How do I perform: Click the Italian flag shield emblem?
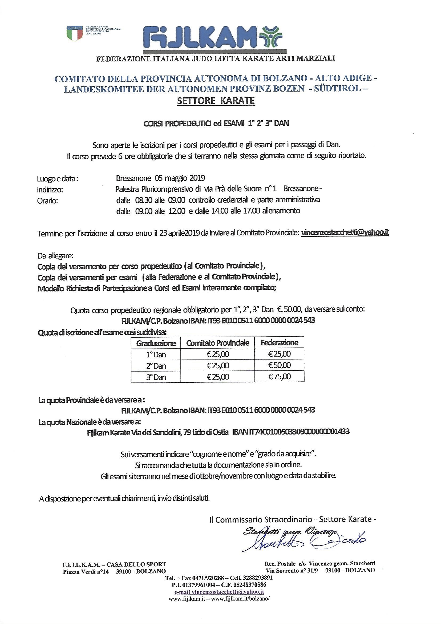pos(74,33)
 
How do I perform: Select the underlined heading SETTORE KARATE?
pos(216,101)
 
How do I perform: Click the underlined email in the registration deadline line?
pos(345,232)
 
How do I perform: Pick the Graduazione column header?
pos(156,343)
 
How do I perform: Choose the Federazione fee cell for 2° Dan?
pos(280,365)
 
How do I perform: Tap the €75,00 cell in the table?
pos(280,377)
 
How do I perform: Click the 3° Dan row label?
pos(156,377)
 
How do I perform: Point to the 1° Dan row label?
pos(156,354)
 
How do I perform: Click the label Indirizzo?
pos(50,190)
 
